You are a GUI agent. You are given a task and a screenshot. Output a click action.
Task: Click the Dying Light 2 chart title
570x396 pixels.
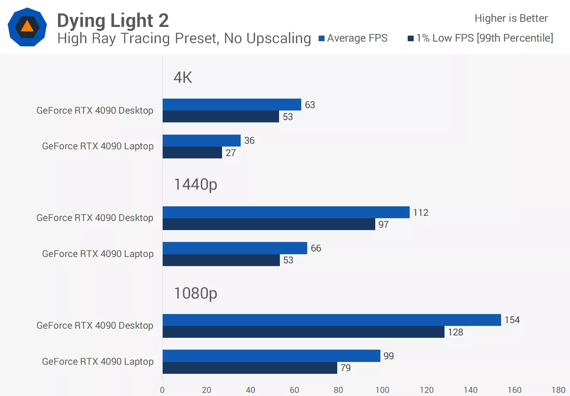[x=113, y=21]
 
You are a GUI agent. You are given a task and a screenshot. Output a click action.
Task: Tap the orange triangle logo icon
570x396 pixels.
[x=27, y=27]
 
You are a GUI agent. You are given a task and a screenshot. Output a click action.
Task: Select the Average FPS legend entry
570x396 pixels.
[x=353, y=38]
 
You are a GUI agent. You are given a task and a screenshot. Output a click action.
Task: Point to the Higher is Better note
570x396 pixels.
[x=511, y=18]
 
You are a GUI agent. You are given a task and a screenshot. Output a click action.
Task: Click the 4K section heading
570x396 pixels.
[x=183, y=77]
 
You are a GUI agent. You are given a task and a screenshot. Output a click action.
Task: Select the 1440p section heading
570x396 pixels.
[x=196, y=185]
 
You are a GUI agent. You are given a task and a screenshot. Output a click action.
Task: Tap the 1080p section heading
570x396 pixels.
[x=196, y=293]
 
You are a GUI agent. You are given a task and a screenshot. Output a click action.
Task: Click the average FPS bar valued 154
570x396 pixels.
[x=332, y=320]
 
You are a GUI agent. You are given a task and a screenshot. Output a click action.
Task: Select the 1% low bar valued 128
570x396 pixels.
[x=303, y=332]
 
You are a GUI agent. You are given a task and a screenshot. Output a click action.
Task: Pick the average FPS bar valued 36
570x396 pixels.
[x=201, y=141]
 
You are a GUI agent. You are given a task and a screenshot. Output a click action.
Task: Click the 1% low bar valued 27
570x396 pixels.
[x=192, y=152]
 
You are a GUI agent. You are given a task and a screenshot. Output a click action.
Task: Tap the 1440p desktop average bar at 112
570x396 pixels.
[x=286, y=212]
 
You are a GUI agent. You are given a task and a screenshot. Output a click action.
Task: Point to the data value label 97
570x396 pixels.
[x=383, y=225]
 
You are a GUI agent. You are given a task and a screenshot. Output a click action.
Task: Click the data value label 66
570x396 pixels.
[x=316, y=248]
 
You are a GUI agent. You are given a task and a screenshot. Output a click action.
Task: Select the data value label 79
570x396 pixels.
[x=346, y=368]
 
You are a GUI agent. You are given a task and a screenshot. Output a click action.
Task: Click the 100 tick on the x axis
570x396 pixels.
[x=382, y=390]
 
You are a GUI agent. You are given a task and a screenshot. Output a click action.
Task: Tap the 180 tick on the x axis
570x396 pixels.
[x=558, y=390]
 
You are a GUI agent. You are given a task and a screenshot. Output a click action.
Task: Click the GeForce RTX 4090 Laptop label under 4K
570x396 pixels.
[x=98, y=146]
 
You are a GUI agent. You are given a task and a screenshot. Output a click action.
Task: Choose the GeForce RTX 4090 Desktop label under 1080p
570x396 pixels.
[x=95, y=326]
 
